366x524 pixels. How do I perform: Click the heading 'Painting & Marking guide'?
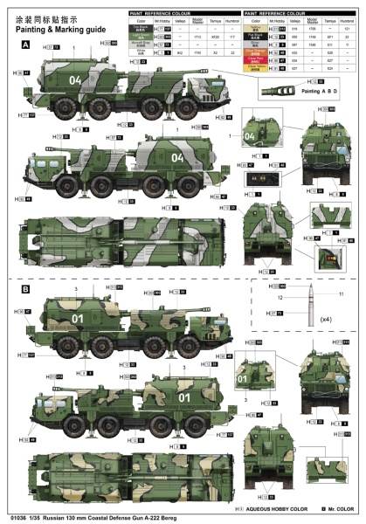[x=51, y=27]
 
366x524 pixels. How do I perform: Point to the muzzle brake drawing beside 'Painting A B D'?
[x=288, y=90]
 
